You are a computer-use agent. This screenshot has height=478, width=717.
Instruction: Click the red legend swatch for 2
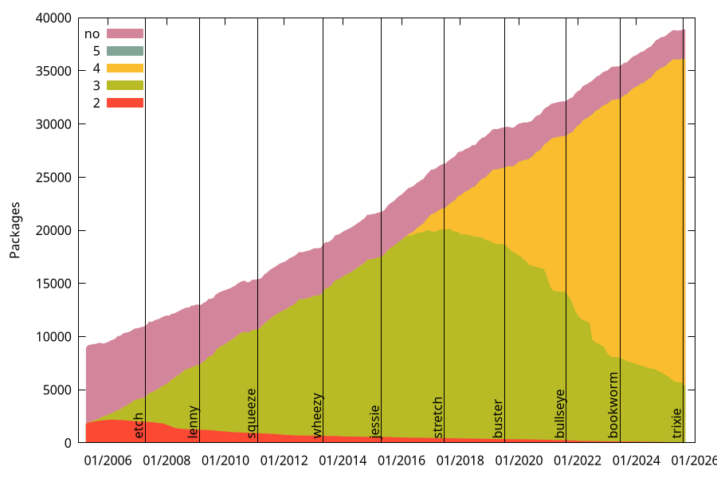(124, 103)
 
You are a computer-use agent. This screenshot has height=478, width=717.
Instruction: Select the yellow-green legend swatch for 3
(124, 85)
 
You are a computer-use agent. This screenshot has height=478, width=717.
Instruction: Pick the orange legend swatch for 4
(124, 68)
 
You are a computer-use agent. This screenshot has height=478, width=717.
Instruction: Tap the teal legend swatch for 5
(124, 51)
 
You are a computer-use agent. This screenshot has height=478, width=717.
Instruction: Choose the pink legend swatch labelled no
(124, 33)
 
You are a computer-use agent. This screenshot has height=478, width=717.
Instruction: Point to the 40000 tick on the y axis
(56, 18)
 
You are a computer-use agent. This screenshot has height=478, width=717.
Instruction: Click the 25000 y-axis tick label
(56, 177)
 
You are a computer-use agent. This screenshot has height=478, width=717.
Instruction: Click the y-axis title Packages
(15, 230)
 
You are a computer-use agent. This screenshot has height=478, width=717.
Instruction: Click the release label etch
(139, 425)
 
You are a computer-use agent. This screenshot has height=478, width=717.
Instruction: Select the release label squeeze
(252, 413)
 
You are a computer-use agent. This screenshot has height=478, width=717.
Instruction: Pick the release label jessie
(375, 421)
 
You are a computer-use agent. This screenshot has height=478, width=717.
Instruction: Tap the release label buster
(499, 418)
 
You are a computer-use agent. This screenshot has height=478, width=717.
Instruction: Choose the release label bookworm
(613, 405)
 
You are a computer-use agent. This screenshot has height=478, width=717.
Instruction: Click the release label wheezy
(317, 415)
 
